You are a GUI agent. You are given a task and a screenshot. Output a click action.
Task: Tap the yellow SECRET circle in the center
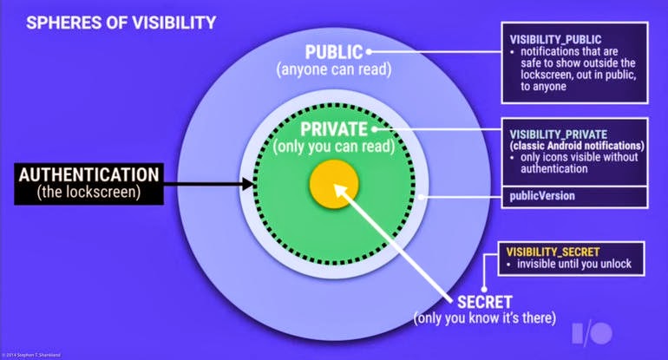coord(335,183)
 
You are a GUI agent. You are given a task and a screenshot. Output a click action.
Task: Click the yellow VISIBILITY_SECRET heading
coord(552,251)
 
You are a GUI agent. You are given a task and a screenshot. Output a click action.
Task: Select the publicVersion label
coord(542,196)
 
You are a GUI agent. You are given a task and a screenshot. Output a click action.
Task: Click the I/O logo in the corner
coord(594,335)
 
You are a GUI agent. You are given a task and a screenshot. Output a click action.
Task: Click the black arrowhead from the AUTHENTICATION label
coord(249,183)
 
